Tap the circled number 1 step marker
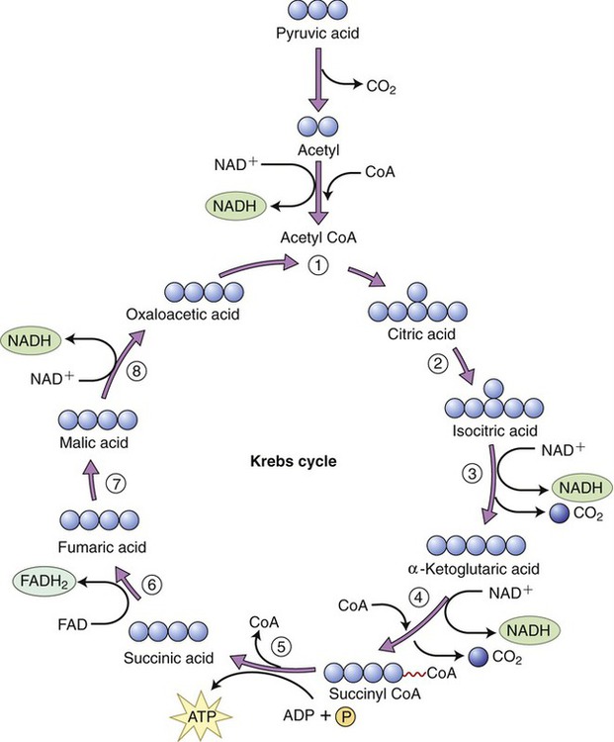pos(316,265)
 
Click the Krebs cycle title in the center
pos(284,461)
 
